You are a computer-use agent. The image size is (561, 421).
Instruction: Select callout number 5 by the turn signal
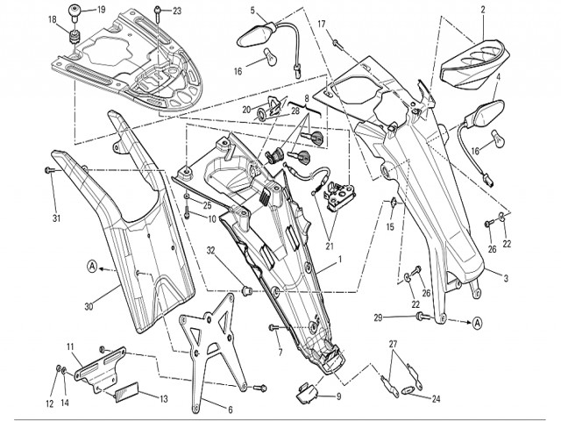[253, 11]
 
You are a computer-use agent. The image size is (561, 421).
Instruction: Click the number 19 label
[102, 10]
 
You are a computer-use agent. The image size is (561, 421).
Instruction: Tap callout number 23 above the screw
[177, 11]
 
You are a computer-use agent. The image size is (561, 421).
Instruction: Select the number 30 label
[89, 306]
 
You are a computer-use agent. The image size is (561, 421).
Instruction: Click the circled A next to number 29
[478, 323]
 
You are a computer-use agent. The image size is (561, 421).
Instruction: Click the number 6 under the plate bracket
[230, 410]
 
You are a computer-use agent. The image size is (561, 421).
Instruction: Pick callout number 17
[321, 24]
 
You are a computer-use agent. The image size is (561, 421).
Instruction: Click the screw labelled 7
[274, 329]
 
